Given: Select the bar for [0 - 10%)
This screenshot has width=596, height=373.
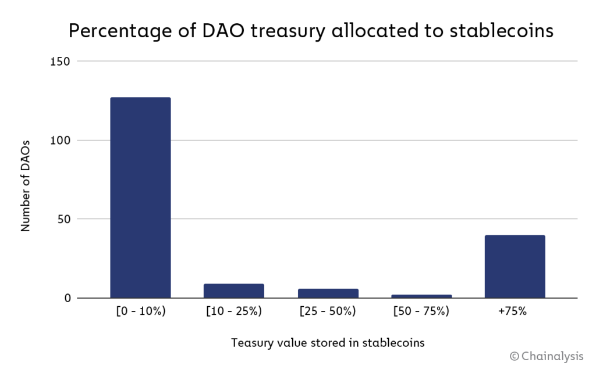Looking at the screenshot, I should point(140,198).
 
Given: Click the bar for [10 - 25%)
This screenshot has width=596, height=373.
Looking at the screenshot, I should point(234,290).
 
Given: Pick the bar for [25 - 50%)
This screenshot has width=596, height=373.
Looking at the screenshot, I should point(328,293).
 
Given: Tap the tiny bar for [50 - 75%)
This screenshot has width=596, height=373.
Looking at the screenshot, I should point(421,296).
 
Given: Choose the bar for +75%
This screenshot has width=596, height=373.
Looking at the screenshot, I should point(515,266).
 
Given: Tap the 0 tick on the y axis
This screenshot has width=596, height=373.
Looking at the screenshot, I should point(67,299).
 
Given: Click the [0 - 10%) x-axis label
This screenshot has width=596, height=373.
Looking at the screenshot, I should point(140,311).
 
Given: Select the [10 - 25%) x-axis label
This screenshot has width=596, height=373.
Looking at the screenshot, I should point(234,311).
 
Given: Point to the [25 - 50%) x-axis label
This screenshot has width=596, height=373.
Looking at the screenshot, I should point(328,311).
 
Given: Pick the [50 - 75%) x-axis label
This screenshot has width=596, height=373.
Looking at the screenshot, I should point(421,311).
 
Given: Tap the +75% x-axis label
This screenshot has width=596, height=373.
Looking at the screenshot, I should point(513,311).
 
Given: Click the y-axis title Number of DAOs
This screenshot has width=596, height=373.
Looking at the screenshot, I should point(26,185).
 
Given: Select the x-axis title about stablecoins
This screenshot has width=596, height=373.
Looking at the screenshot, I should point(328,342).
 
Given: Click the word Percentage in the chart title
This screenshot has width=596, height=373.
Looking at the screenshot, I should point(118,31).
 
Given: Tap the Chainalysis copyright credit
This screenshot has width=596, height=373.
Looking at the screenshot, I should point(547,356).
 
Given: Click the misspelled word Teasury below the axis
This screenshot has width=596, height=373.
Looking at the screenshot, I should point(251,342).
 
